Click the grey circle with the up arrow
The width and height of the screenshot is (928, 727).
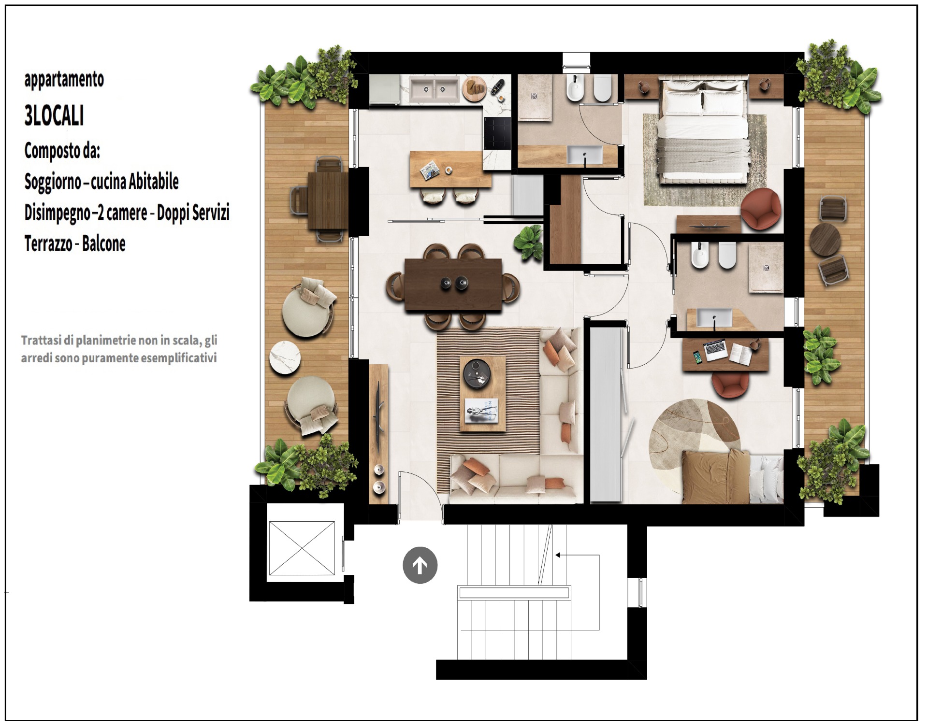[420, 565]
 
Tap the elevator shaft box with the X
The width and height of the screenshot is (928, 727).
[302, 548]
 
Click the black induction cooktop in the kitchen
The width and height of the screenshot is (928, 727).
[497, 133]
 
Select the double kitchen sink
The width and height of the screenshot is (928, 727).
[434, 90]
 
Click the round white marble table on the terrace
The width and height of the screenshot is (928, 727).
[285, 357]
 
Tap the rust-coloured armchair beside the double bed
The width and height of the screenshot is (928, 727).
[761, 208]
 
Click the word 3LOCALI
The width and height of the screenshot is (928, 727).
[54, 116]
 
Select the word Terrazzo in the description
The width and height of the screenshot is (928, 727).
[48, 244]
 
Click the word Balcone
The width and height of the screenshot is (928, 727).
[104, 244]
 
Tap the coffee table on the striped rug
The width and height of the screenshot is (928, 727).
[482, 394]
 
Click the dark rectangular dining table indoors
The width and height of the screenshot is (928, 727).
[453, 285]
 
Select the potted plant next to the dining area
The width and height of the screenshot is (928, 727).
[528, 242]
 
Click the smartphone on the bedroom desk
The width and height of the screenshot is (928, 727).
[697, 357]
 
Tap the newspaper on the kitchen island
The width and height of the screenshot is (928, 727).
[429, 171]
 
